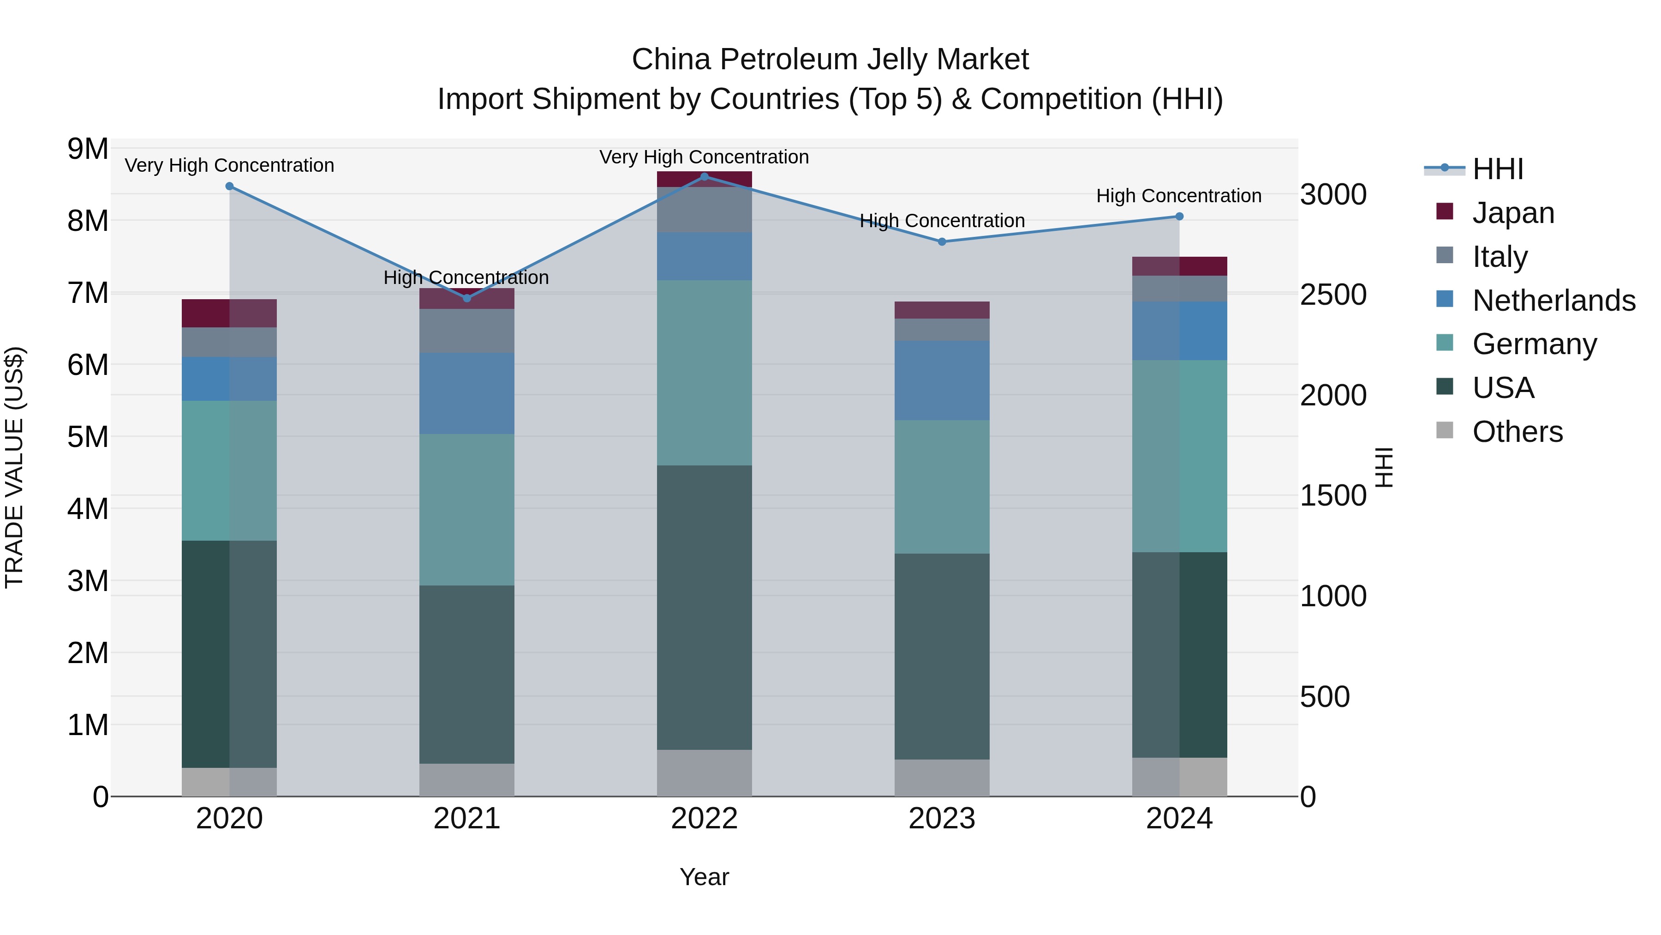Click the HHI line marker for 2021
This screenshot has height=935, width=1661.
coord(467,298)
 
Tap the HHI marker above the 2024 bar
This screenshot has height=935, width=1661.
coord(1179,217)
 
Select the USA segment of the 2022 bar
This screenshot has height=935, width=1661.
coord(704,607)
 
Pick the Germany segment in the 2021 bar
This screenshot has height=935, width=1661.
coord(467,510)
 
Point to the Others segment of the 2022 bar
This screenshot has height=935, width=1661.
coord(704,772)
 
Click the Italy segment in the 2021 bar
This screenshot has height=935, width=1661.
coord(467,331)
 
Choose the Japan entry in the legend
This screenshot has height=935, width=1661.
coord(1513,213)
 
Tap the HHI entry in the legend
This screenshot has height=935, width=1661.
coord(1497,169)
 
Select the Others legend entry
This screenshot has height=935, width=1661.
coord(1517,432)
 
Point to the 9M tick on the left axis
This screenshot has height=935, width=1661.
coord(88,149)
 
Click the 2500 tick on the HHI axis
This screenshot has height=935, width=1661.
coord(1332,295)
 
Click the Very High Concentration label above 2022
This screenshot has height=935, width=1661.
coord(704,157)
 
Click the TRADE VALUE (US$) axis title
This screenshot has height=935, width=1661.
coord(14,467)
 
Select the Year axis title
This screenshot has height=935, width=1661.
coord(704,877)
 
